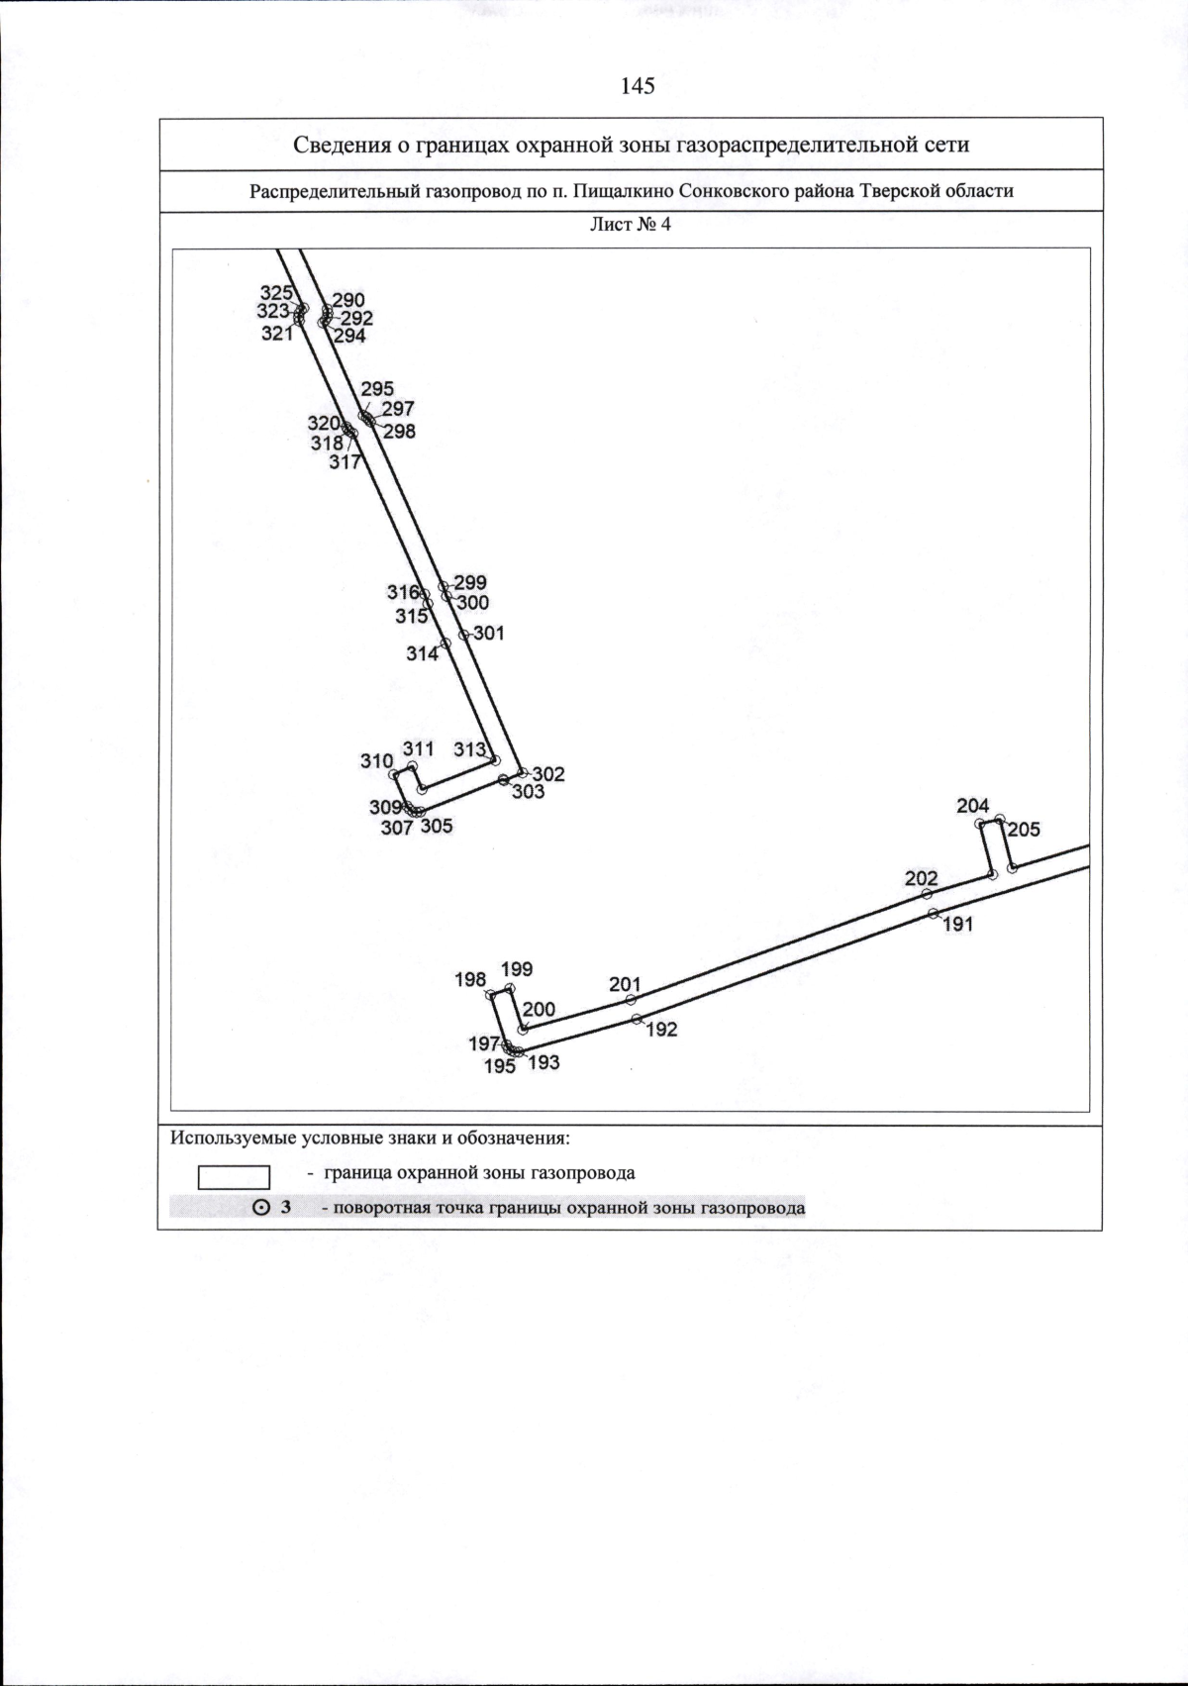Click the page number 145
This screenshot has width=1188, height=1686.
[x=638, y=86]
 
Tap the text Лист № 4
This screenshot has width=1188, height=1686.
[x=631, y=224]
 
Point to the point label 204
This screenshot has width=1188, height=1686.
[x=973, y=807]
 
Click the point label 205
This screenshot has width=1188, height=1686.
[x=1024, y=830]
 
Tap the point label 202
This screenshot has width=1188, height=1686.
[x=921, y=878]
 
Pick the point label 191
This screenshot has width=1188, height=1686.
[x=958, y=925]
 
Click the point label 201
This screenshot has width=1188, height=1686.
[x=625, y=984]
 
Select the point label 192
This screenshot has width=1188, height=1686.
[x=661, y=1030]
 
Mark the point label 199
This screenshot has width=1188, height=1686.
[x=517, y=969]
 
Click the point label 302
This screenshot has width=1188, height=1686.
[x=548, y=774]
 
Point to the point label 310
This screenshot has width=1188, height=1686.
[x=376, y=761]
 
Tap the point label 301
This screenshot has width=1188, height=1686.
[x=489, y=634]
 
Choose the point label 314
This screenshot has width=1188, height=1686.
[x=423, y=654]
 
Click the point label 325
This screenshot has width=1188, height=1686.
[x=276, y=293]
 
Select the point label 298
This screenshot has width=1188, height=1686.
[x=399, y=432]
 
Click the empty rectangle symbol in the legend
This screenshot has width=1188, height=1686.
[x=235, y=1177]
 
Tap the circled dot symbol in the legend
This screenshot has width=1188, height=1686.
[x=261, y=1208]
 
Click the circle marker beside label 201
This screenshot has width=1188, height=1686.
[x=631, y=1000]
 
